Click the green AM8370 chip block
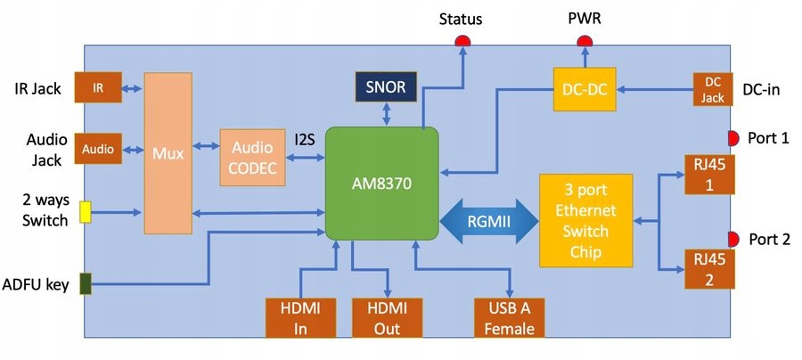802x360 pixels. [382, 183]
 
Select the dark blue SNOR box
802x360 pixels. [385, 86]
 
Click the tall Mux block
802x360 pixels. [168, 153]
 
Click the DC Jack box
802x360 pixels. [713, 90]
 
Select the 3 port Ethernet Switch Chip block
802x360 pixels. [585, 219]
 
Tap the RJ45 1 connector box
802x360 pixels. [709, 174]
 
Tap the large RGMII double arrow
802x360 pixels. [488, 220]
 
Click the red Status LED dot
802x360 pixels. [463, 41]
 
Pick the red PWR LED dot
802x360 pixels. [585, 41]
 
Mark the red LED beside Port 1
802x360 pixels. [732, 138]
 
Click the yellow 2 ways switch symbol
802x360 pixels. [86, 211]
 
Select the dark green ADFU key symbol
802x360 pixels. [86, 283]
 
